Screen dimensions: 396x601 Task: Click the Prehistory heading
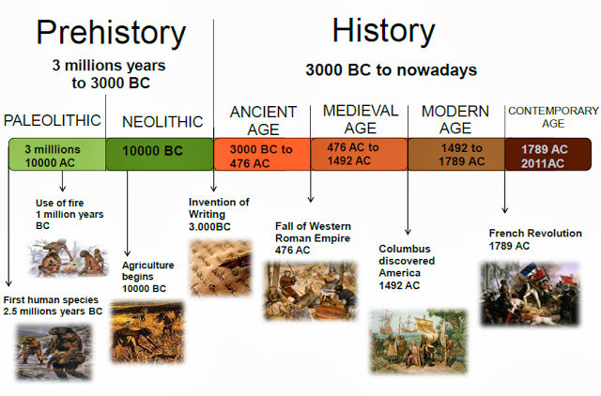(x=111, y=34)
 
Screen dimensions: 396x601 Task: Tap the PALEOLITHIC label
(x=53, y=121)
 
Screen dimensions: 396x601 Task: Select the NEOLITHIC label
(x=162, y=121)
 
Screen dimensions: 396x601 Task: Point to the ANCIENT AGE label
(x=263, y=120)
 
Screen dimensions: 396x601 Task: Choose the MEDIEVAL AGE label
(x=361, y=119)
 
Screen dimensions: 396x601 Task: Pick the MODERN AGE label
(x=455, y=120)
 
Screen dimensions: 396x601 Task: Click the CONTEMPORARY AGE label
(x=553, y=118)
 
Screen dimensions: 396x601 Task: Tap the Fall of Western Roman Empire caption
(x=313, y=238)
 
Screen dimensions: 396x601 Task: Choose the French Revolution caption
(x=535, y=239)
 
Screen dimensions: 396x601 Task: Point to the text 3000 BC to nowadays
(x=391, y=69)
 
